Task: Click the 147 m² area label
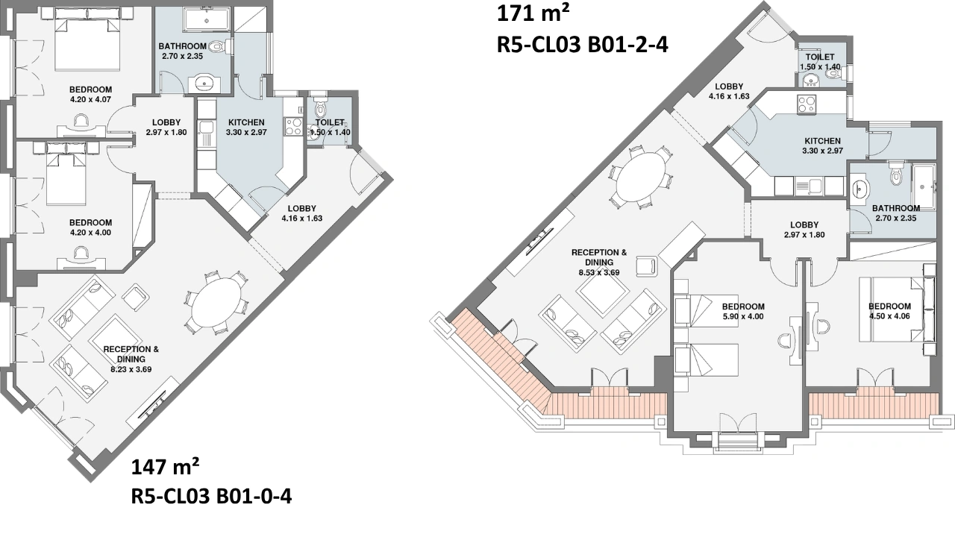click(165, 467)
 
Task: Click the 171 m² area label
click(533, 13)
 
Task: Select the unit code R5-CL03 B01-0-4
click(211, 497)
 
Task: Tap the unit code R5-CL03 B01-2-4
click(583, 44)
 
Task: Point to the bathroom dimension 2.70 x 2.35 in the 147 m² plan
click(182, 56)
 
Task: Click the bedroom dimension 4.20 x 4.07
click(90, 100)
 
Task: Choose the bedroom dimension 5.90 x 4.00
click(743, 317)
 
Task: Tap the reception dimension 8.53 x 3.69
click(599, 273)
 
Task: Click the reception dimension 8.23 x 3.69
click(131, 369)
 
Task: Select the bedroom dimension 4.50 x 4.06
click(890, 316)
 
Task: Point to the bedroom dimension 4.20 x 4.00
click(90, 233)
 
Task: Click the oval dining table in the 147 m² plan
click(216, 303)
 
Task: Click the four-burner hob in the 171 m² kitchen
click(807, 104)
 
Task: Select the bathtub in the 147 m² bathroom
click(207, 20)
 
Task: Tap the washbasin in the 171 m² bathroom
click(860, 188)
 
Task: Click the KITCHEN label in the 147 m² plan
click(246, 122)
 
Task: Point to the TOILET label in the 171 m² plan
click(820, 57)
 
